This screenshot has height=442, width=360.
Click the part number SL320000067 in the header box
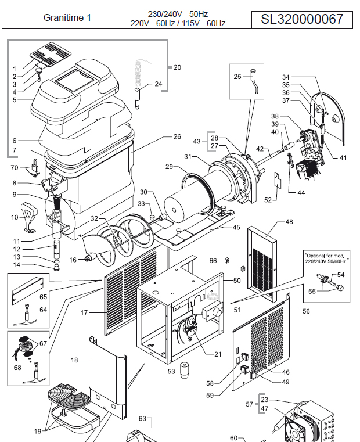pyautogui.click(x=301, y=19)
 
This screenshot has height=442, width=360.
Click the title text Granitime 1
pyautogui.click(x=67, y=18)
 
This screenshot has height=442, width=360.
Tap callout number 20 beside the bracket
pyautogui.click(x=177, y=67)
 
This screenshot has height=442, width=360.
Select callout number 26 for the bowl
pyautogui.click(x=177, y=137)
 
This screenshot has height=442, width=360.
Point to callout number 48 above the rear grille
pyautogui.click(x=289, y=222)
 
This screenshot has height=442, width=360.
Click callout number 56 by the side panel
pyautogui.click(x=306, y=311)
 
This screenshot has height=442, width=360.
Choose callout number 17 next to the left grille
pyautogui.click(x=84, y=313)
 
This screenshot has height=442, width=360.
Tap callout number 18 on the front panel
pyautogui.click(x=74, y=360)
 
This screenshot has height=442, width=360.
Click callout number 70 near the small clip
pyautogui.click(x=15, y=168)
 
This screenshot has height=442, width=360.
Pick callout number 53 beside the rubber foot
pyautogui.click(x=171, y=371)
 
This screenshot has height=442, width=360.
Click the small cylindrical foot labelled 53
pyautogui.click(x=186, y=369)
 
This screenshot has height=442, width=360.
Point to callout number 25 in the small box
pyautogui.click(x=237, y=77)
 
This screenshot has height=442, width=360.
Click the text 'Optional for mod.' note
pyautogui.click(x=324, y=254)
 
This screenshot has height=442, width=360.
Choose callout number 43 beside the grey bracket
pyautogui.click(x=196, y=142)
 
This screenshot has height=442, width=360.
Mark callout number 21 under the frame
pyautogui.click(x=218, y=354)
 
